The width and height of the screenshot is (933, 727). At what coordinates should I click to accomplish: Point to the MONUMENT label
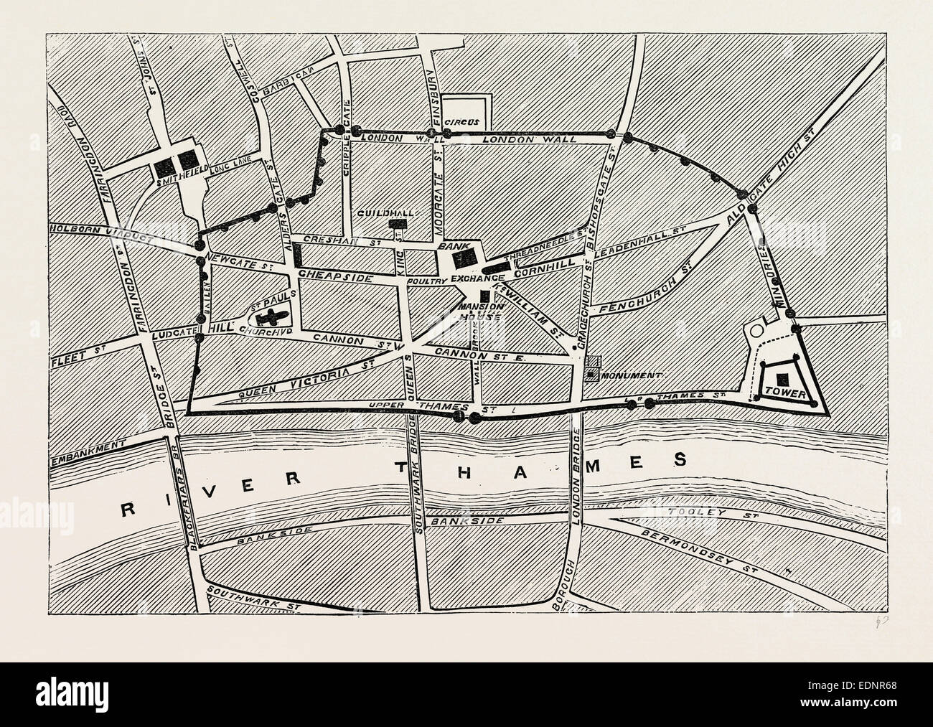click(632, 375)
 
